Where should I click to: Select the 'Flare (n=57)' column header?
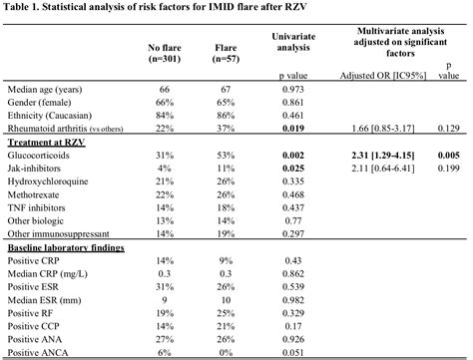point(232,53)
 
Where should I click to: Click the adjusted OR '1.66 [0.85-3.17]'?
point(383,129)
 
